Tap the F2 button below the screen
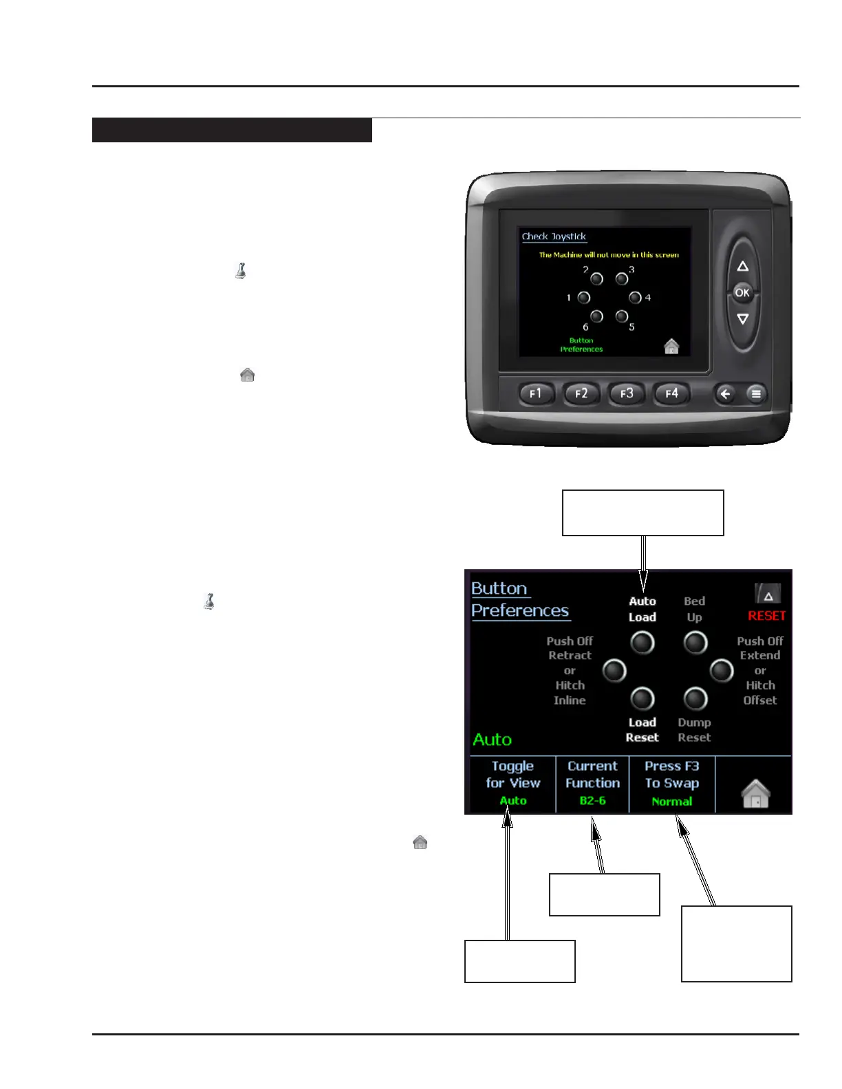[581, 394]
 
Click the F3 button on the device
[627, 394]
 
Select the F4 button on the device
[671, 394]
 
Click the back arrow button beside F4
[725, 394]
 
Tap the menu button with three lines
[756, 394]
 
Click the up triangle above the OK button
[742, 267]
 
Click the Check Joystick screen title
[554, 236]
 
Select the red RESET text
[766, 616]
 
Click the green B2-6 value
[592, 801]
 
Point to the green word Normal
[672, 802]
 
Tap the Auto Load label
[643, 609]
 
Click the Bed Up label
[695, 609]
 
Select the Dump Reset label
[694, 730]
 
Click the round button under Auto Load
[643, 643]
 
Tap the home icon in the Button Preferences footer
[755, 794]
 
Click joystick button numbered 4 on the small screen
[635, 298]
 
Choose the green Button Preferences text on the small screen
[581, 345]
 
